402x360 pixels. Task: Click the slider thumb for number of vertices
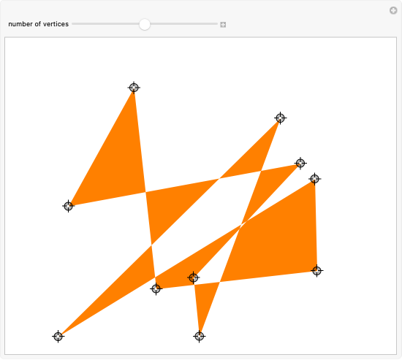pos(145,24)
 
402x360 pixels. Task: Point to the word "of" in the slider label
pos(38,24)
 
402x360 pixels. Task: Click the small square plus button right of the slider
pos(223,25)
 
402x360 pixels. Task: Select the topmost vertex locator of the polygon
pos(134,88)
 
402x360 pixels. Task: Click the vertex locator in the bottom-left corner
pos(58,336)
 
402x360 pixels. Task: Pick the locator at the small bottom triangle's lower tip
pos(200,336)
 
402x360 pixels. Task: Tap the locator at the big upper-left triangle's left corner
pos(68,206)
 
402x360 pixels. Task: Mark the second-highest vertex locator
pos(280,118)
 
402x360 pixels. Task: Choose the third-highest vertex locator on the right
pos(300,164)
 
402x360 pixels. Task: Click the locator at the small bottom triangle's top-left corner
pos(193,277)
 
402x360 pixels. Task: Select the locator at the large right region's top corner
pos(314,179)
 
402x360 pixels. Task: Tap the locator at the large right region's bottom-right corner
pos(317,271)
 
